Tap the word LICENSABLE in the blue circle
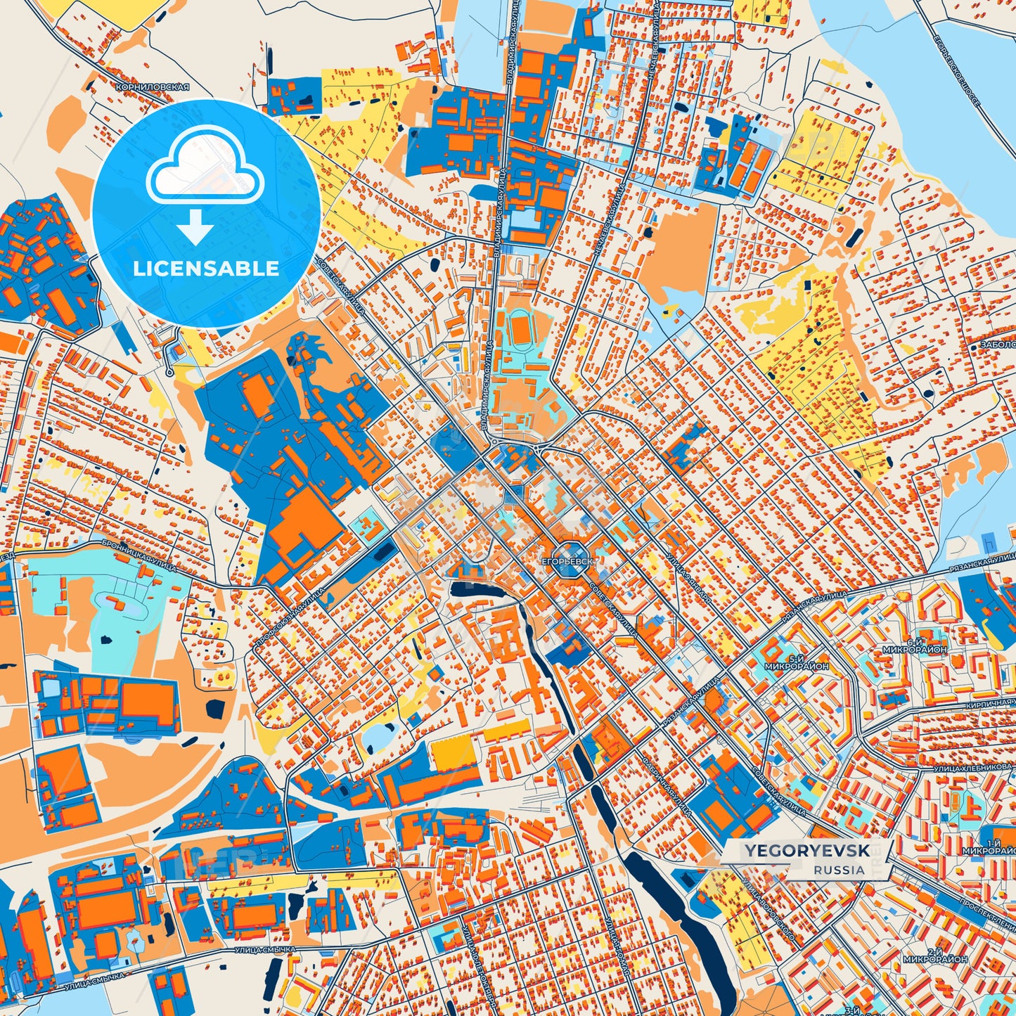tap(206, 269)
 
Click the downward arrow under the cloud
tap(195, 226)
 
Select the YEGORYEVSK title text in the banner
tap(806, 851)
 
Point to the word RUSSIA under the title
tap(840, 870)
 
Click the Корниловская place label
tap(153, 87)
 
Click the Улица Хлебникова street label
tap(973, 769)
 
